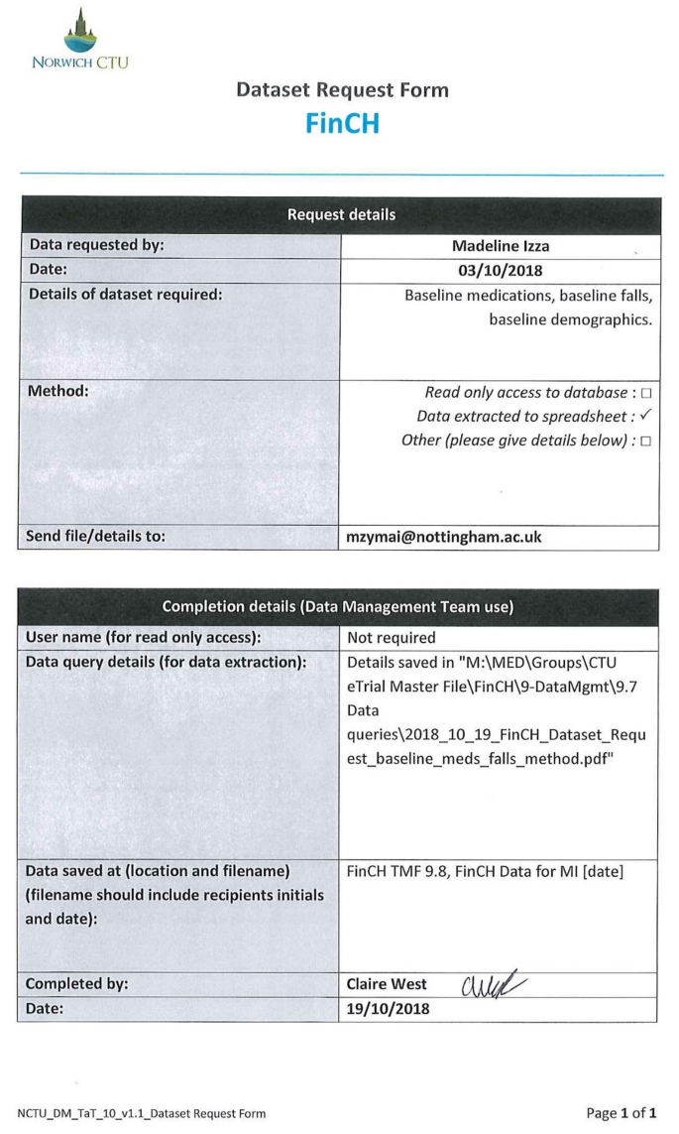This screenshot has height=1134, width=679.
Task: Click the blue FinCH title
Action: point(342,123)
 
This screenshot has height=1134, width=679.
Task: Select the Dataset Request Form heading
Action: point(342,90)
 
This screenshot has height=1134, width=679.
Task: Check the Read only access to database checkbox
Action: point(645,393)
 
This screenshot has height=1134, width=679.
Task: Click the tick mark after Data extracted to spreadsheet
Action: point(645,416)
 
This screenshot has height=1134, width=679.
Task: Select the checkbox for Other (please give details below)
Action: point(645,440)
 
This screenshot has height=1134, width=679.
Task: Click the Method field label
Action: point(59,390)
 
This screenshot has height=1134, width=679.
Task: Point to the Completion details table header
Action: point(340,607)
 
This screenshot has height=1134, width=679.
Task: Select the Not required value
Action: point(392,638)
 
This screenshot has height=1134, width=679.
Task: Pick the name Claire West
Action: point(388,984)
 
